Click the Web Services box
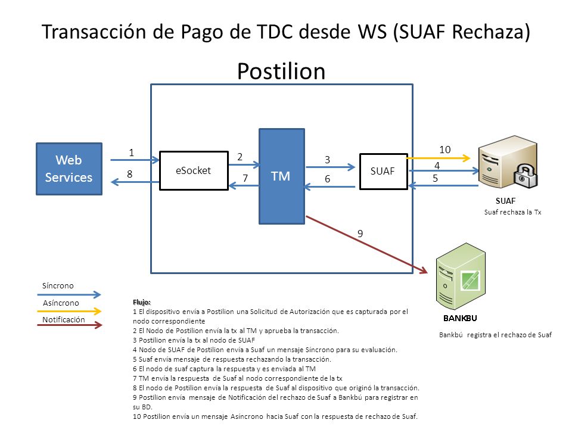69,169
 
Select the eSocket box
194,171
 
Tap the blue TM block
282,176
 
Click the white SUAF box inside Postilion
383,172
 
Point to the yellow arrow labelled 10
438,158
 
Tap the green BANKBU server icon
461,276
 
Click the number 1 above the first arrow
131,153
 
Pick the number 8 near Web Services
129,174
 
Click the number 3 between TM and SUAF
327,160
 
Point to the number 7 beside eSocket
245,178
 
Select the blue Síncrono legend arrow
69,294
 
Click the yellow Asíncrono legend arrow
69,311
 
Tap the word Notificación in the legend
64,319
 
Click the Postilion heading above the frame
281,71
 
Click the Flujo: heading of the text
142,302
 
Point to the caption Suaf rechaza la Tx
512,212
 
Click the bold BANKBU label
460,318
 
